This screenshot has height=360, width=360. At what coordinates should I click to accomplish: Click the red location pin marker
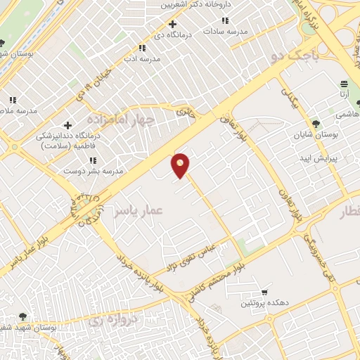(x=181, y=165)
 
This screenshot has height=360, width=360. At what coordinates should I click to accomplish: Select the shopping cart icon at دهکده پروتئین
(x=264, y=292)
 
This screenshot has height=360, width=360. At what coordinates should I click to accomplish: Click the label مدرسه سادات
(x=228, y=32)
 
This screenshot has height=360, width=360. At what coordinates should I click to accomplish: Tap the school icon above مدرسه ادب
(x=142, y=48)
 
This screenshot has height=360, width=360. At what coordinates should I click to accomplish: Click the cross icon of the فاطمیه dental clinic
(x=67, y=125)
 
